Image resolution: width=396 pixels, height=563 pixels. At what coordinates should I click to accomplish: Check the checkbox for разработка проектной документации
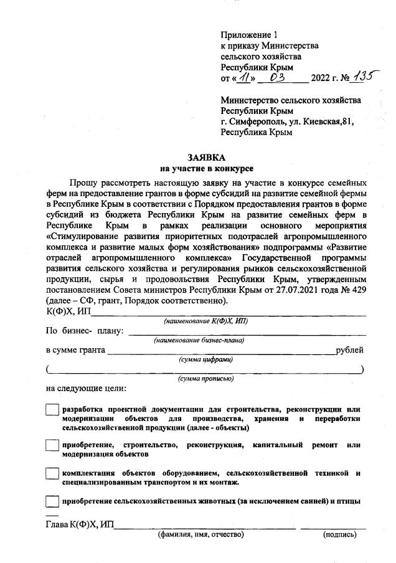53,410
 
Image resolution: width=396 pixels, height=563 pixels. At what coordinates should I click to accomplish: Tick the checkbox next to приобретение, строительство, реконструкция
53,446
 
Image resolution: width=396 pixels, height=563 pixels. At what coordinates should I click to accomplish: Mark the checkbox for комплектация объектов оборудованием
53,474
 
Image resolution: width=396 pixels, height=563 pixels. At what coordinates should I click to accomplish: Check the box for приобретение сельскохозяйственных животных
53,501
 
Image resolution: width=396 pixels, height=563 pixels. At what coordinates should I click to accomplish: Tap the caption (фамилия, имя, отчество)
200,534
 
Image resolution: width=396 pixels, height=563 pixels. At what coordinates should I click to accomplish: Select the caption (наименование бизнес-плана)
199,340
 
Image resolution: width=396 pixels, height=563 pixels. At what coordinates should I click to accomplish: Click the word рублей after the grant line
349,350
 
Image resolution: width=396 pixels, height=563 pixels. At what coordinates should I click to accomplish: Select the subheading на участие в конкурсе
207,168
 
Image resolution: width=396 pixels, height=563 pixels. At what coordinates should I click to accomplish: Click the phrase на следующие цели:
86,389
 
